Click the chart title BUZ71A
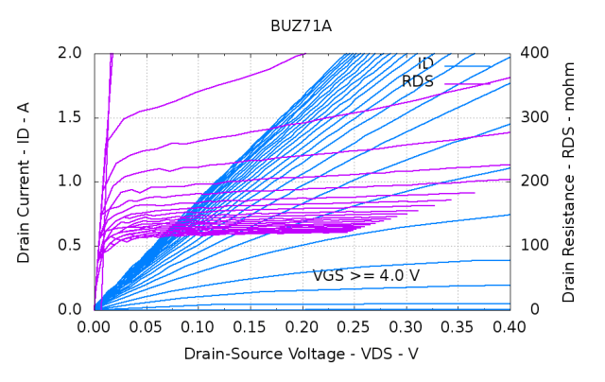[302, 28]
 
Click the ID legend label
[425, 64]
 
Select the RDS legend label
[417, 81]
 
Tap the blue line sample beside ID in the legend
[467, 66]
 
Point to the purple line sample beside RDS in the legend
[467, 84]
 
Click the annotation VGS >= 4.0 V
[366, 276]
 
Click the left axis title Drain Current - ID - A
[24, 182]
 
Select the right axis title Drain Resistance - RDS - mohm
[568, 182]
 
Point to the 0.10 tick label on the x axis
[199, 327]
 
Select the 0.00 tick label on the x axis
[95, 327]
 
